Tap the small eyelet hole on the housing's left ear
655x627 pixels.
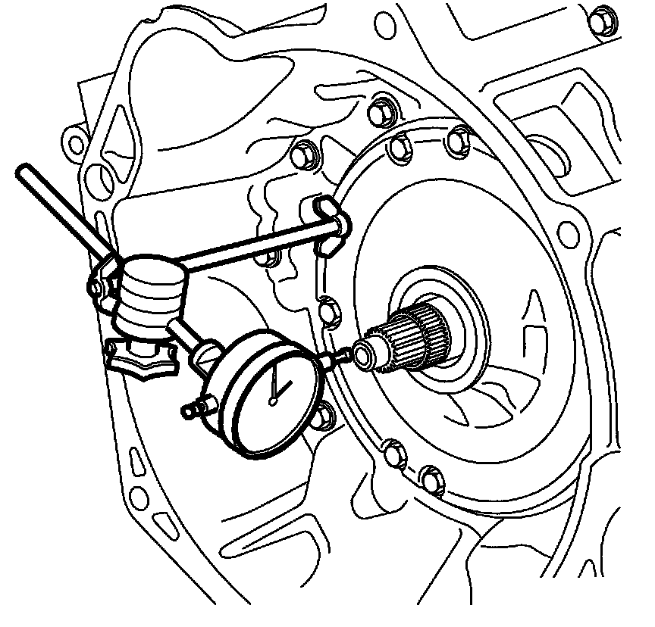click(73, 143)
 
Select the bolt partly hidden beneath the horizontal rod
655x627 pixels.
click(264, 256)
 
